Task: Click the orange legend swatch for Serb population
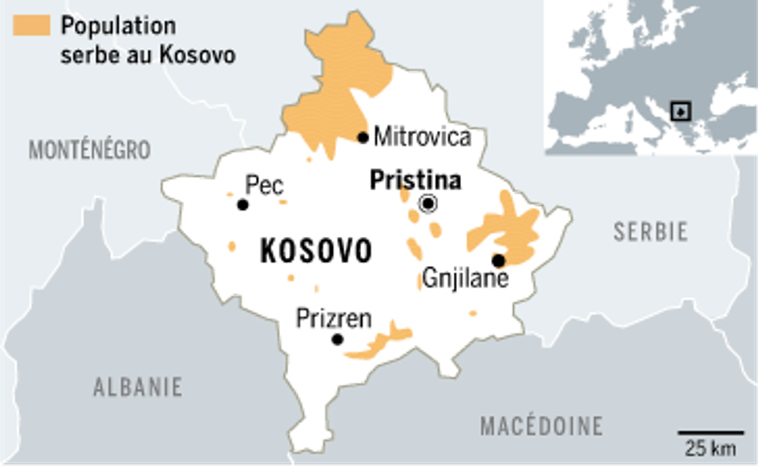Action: [x=31, y=26]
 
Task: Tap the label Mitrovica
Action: [x=422, y=137]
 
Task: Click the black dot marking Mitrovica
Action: [x=363, y=137]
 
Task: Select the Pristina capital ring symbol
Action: [x=428, y=203]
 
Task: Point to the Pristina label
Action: [x=415, y=180]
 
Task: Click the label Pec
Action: [x=264, y=185]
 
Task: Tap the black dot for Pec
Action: [x=243, y=205]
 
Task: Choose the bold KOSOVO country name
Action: [x=316, y=251]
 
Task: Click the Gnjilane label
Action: [x=466, y=279]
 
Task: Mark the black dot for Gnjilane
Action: [x=498, y=261]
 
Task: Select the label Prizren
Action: [x=334, y=318]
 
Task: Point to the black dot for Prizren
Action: [x=337, y=339]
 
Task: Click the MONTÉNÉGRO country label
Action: [x=90, y=150]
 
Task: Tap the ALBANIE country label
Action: [x=138, y=387]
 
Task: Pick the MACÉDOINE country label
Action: [x=541, y=426]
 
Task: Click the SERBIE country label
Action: [x=651, y=232]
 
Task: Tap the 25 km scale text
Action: [x=711, y=448]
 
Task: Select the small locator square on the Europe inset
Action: [x=680, y=111]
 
